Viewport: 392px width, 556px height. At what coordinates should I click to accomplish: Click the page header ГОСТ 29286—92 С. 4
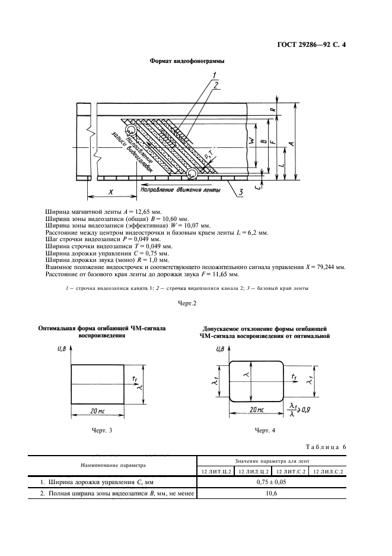click(x=330, y=45)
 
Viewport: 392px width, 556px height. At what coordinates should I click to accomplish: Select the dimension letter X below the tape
click(x=111, y=191)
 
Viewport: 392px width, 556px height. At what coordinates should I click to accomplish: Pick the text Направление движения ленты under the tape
click(x=180, y=190)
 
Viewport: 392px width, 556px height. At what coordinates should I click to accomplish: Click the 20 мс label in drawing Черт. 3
click(x=98, y=412)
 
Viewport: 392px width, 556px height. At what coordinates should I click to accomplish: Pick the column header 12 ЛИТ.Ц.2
click(x=215, y=471)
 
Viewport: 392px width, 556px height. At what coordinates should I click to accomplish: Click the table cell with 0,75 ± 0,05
click(x=272, y=482)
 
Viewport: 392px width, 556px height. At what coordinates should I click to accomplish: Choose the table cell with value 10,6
click(x=272, y=494)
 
